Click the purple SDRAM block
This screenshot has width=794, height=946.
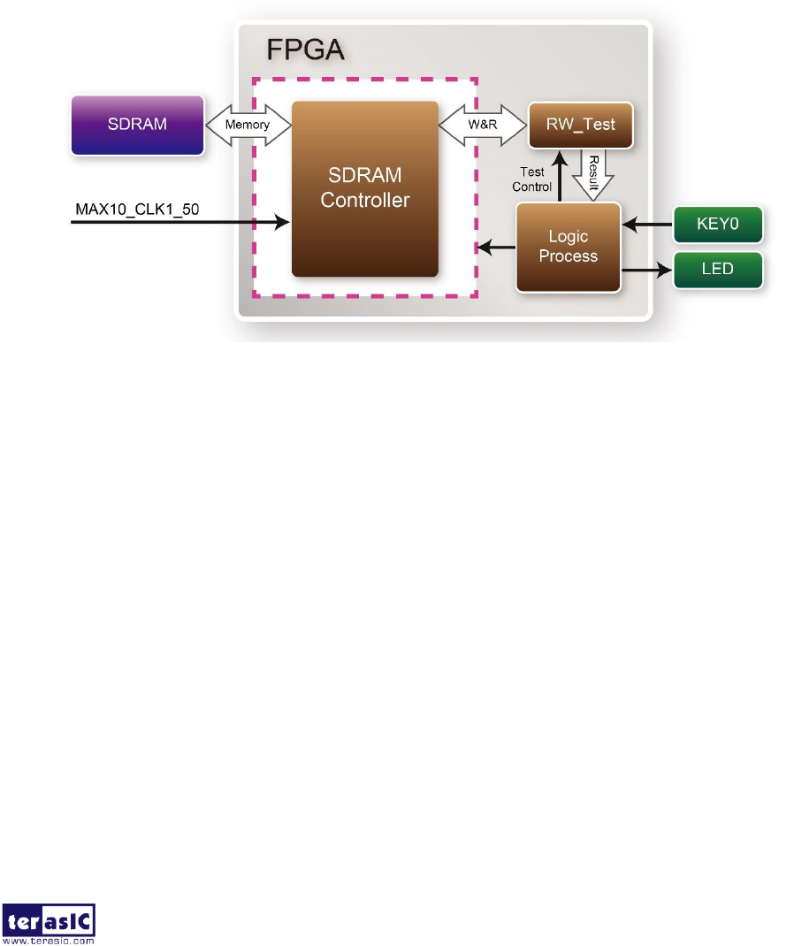point(137,126)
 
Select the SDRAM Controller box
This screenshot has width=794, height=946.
point(365,188)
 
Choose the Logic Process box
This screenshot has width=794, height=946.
point(569,247)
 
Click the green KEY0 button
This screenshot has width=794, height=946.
point(717,225)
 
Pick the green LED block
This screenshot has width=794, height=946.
point(717,268)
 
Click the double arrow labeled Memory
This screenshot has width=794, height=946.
point(248,125)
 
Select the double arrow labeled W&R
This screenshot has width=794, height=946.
point(483,125)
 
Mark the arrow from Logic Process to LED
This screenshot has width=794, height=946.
point(647,268)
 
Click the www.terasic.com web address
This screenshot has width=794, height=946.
point(50,940)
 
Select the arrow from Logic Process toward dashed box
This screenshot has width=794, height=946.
point(497,247)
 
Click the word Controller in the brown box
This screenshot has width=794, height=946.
point(365,201)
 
